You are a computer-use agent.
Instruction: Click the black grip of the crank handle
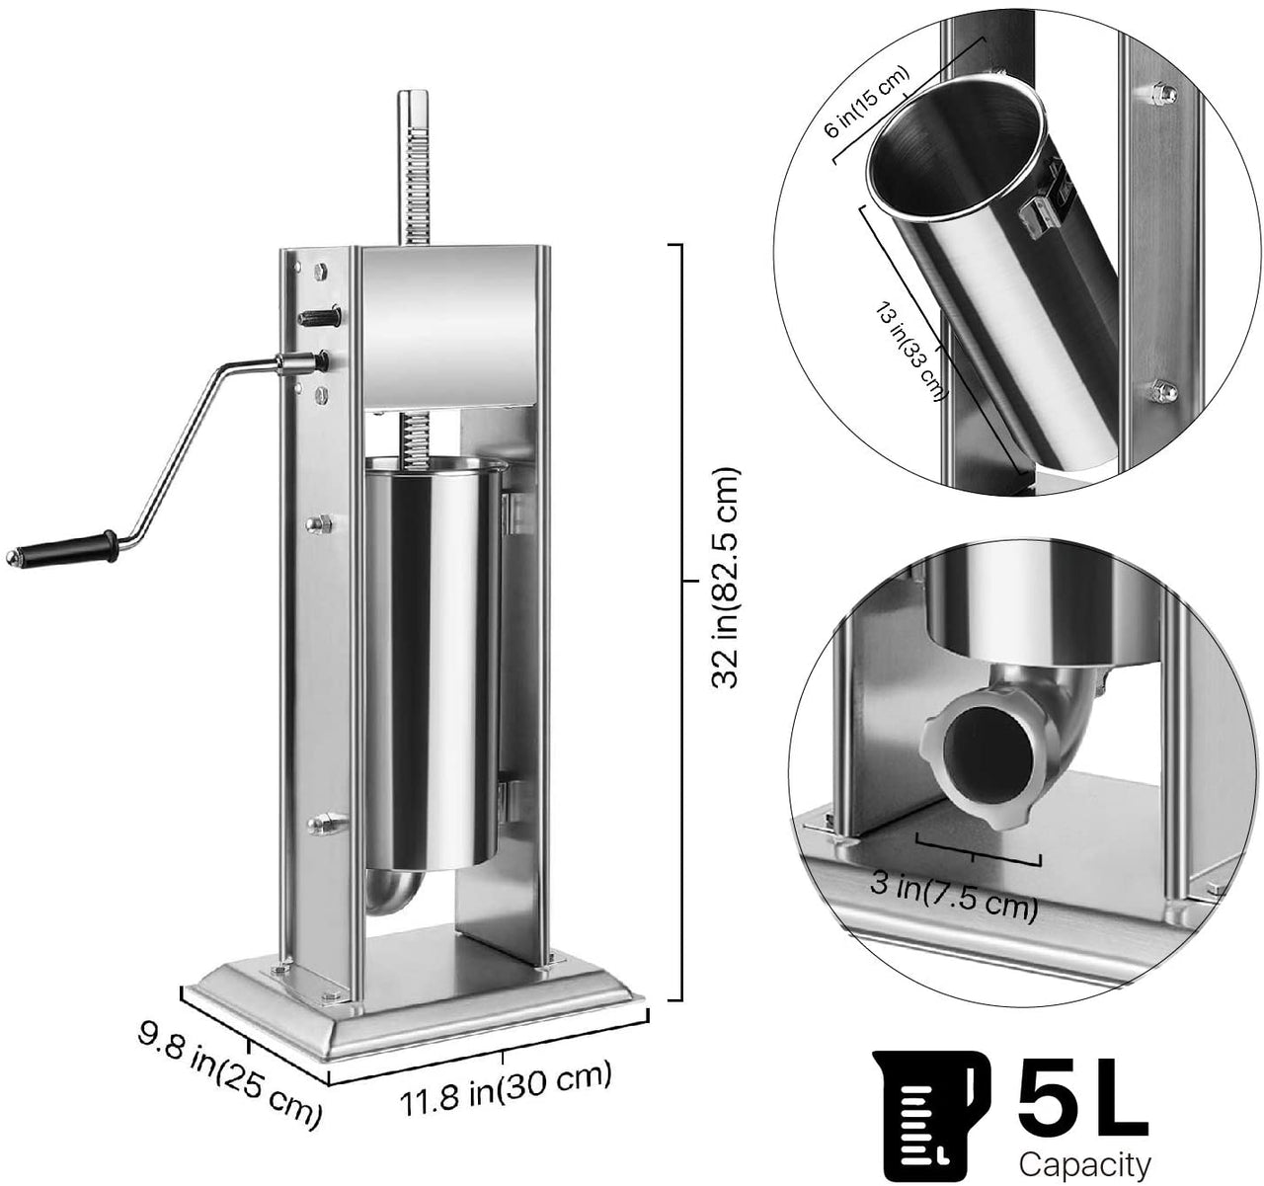tap(63, 548)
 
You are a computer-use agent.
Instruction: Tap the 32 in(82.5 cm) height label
tap(726, 578)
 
